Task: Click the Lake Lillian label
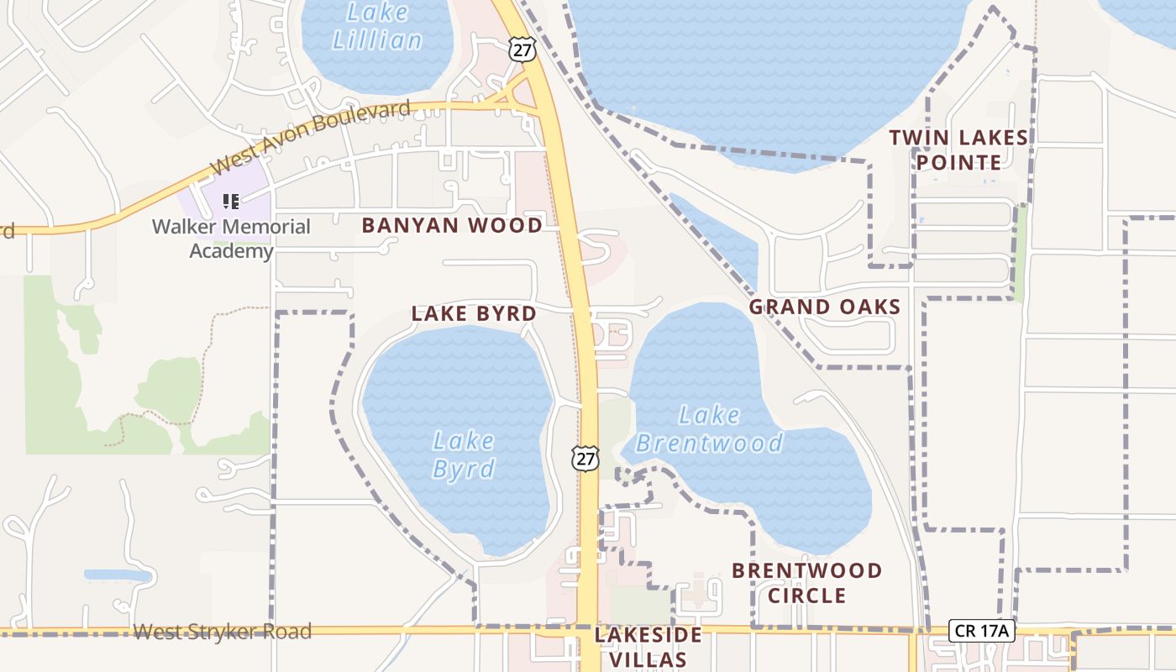(377, 26)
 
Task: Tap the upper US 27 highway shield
(521, 50)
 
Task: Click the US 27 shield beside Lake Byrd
(585, 458)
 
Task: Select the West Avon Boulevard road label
(311, 137)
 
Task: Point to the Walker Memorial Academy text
(231, 239)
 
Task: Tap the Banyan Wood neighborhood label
(452, 226)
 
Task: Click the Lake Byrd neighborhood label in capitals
(474, 314)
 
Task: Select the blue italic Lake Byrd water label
(464, 454)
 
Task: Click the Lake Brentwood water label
(709, 429)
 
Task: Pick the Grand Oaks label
(824, 307)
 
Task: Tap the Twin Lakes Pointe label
(958, 150)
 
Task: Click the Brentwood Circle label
(806, 583)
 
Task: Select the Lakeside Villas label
(648, 647)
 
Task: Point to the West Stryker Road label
(223, 632)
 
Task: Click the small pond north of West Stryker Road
(118, 576)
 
